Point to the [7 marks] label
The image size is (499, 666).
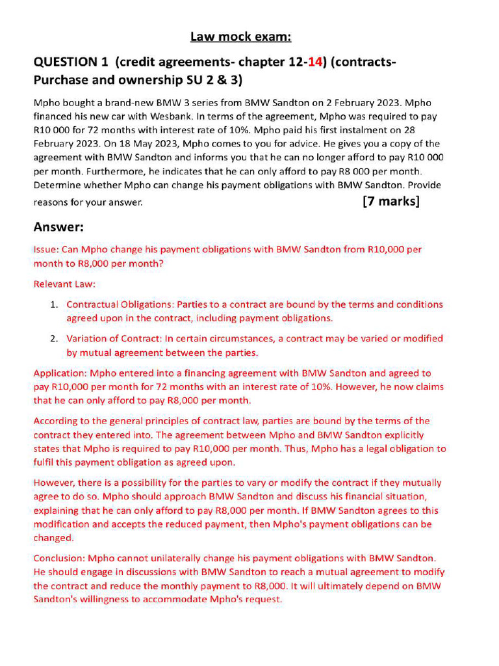(391, 201)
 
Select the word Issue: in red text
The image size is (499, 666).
(46, 249)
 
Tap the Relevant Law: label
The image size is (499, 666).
(64, 284)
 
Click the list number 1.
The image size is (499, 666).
(55, 304)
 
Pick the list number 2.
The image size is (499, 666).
(55, 338)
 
